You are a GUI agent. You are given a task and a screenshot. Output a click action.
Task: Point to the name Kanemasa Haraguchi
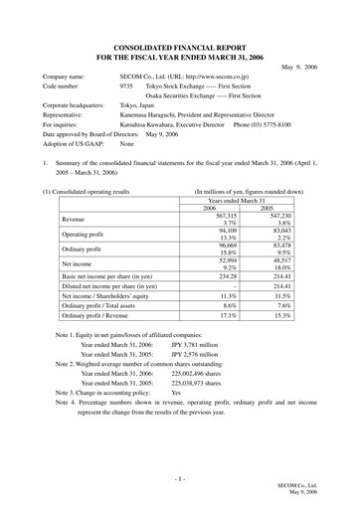[x=149, y=115]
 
